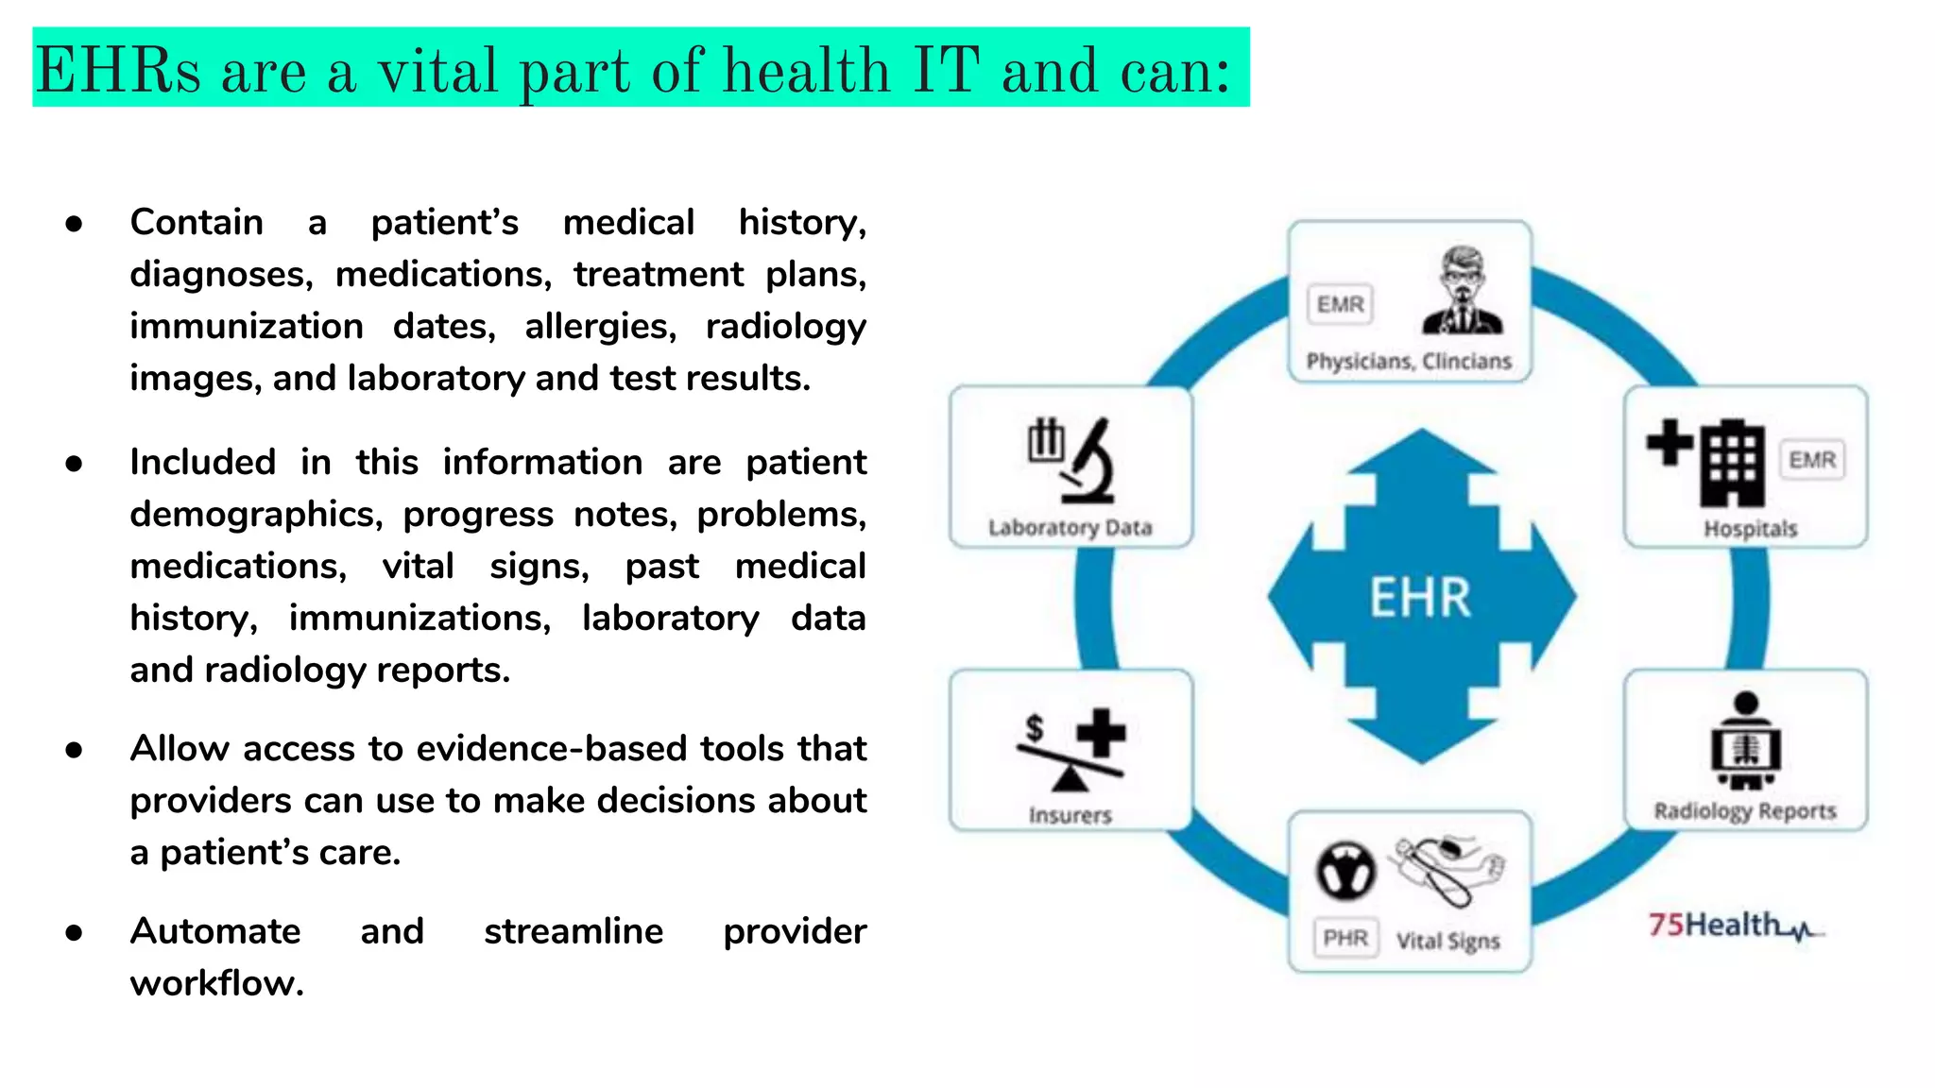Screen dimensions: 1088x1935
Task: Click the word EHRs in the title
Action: [118, 71]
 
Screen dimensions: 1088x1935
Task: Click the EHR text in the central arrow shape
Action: [1420, 598]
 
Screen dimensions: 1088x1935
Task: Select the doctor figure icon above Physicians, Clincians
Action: [1463, 292]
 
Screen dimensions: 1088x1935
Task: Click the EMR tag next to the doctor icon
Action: [1340, 304]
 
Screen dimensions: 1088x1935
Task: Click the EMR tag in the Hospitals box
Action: [1811, 460]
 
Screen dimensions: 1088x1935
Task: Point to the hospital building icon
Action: [1731, 463]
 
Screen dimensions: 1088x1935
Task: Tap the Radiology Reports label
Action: [1744, 810]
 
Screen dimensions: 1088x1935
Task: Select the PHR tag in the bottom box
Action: [1344, 938]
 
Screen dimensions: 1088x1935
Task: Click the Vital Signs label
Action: [1447, 941]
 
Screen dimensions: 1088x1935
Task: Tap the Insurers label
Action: [1070, 814]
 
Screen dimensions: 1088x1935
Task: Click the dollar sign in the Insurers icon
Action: [1035, 727]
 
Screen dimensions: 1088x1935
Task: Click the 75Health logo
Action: [1734, 925]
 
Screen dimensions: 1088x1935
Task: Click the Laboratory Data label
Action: [1070, 527]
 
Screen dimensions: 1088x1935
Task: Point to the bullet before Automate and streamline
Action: [74, 933]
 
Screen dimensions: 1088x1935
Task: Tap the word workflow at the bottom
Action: [216, 983]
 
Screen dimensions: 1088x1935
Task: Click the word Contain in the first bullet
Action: [197, 222]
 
